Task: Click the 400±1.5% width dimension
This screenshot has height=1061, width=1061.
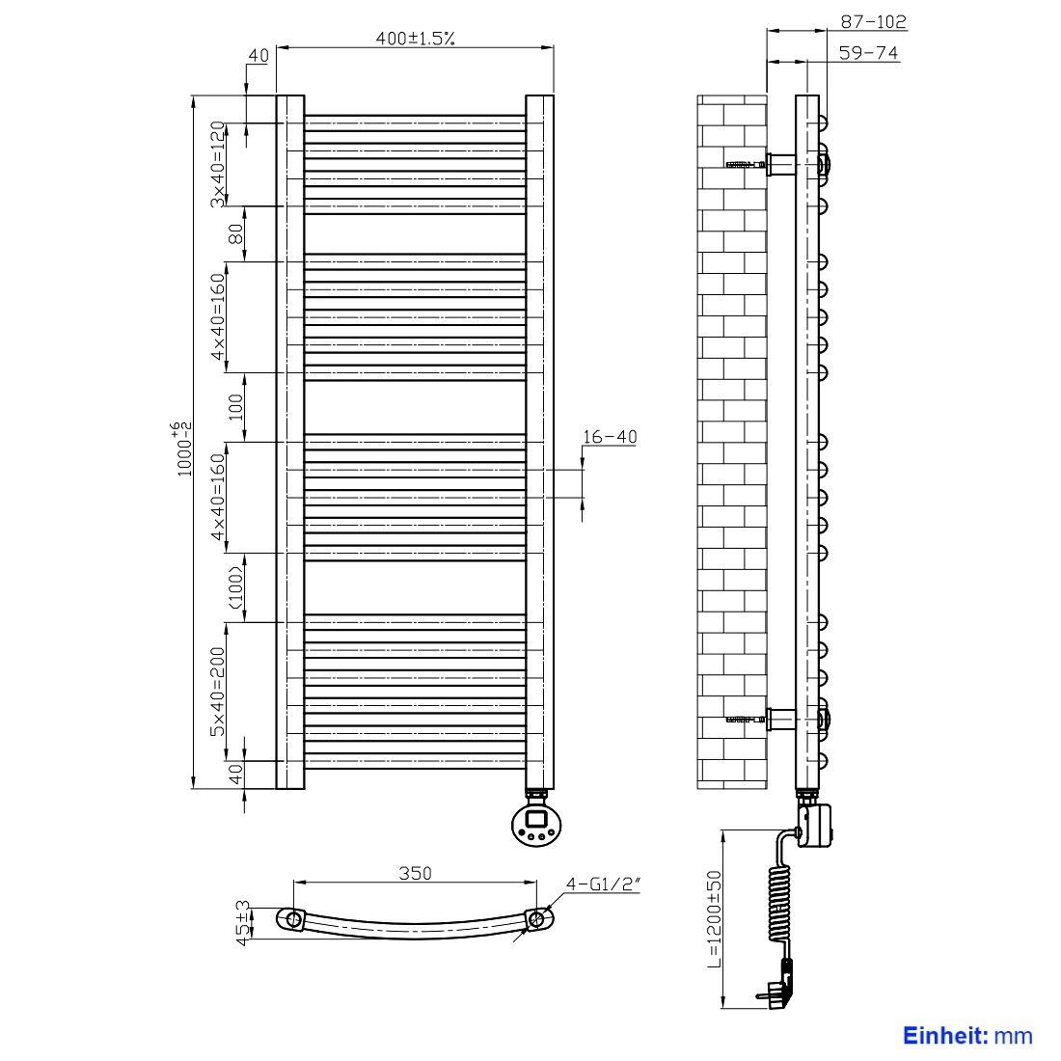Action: click(415, 38)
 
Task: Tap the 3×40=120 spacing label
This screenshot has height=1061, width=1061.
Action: click(217, 164)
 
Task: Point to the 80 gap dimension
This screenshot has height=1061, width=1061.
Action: click(236, 234)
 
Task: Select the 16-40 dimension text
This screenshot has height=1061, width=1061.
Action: click(610, 436)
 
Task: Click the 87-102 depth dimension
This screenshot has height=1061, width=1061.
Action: click(873, 21)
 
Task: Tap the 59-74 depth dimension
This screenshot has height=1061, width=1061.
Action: click(868, 52)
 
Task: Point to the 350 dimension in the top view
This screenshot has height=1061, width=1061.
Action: click(415, 873)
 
